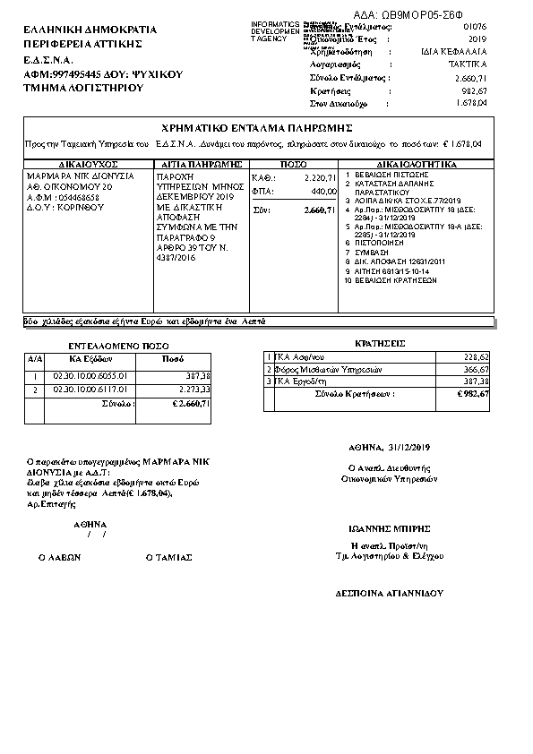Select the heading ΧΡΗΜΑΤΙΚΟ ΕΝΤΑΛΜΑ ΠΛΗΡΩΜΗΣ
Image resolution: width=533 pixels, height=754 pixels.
pos(259,128)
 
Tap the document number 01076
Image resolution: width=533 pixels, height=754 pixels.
pos(475,29)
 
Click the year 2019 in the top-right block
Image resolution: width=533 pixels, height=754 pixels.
pos(477,40)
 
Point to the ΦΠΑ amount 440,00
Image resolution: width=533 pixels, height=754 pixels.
pos(323,191)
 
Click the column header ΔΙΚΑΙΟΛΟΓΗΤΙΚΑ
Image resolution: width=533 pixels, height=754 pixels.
pos(417,165)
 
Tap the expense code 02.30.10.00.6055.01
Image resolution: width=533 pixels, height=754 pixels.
pos(90,376)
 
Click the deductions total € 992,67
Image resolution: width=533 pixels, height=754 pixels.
pos(470,394)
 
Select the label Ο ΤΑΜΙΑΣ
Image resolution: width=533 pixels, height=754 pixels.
pos(169,557)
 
